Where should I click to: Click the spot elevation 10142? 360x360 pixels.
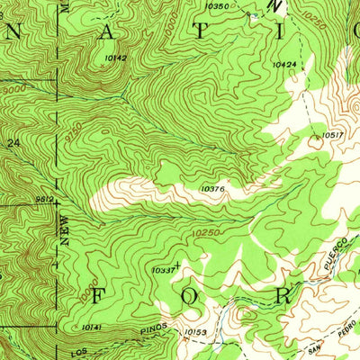(115, 58)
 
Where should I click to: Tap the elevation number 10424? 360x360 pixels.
(284, 65)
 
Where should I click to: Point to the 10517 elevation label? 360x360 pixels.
(333, 135)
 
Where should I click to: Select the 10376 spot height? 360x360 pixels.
(212, 189)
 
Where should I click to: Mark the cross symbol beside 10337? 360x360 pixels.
(178, 265)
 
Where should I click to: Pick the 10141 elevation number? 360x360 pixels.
(92, 327)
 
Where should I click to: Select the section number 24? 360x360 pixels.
(13, 142)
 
